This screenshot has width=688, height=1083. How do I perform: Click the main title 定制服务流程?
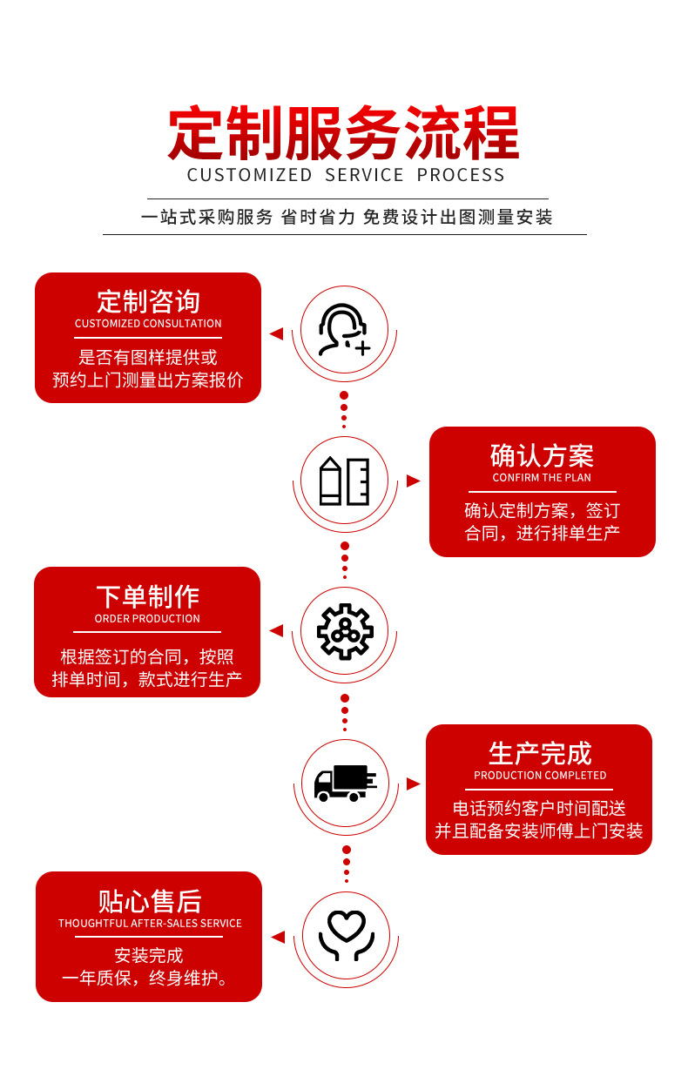[344, 132]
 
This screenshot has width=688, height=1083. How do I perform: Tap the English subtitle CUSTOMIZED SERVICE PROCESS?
[346, 175]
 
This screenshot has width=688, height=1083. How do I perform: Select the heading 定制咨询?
[148, 301]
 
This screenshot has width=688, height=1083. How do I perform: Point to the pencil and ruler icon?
[344, 481]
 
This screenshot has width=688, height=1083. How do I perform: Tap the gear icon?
[345, 630]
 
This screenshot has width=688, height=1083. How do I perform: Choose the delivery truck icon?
[345, 783]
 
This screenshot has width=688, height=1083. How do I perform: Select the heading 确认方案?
[542, 455]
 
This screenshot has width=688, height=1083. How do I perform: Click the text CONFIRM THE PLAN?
[542, 478]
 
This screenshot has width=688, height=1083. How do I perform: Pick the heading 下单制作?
[147, 596]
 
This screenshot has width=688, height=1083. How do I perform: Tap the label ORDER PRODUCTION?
[147, 619]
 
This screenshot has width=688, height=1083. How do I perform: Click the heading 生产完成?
[540, 753]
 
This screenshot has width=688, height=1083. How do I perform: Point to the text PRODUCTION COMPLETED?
[540, 776]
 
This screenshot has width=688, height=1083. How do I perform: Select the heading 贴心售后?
[149, 900]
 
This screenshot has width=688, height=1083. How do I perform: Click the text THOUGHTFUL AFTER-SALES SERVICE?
[150, 924]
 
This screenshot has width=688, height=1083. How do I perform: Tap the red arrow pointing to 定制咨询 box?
[276, 333]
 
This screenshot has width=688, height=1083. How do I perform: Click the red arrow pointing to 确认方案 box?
[413, 481]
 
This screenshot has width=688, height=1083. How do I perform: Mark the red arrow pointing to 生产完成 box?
[413, 784]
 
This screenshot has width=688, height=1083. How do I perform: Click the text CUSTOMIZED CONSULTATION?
[148, 324]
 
